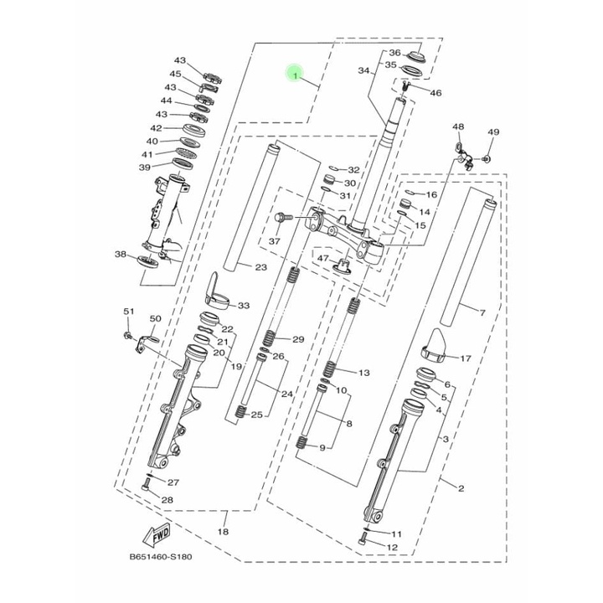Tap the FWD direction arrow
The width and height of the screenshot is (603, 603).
click(157, 535)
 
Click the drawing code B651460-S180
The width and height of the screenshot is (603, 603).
click(160, 556)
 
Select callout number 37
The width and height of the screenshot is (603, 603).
click(274, 241)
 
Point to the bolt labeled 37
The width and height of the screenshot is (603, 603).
click(283, 218)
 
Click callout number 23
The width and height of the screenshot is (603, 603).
click(260, 267)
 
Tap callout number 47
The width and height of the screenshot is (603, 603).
click(323, 258)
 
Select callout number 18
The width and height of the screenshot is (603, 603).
click(223, 532)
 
